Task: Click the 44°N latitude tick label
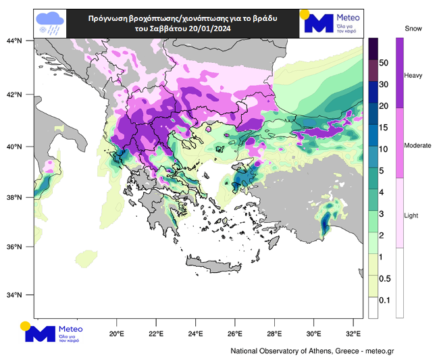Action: tap(15, 41)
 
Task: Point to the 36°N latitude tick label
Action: tap(15, 247)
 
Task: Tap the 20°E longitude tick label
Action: tap(116, 334)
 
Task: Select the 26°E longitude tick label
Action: tap(234, 334)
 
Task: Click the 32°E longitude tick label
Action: tap(353, 334)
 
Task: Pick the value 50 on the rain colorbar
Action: tap(384, 63)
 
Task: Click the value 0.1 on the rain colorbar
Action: tap(384, 300)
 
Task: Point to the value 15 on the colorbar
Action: tap(384, 128)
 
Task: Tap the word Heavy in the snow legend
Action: tap(413, 76)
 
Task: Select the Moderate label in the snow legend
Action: tap(417, 146)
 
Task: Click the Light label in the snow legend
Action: tap(411, 215)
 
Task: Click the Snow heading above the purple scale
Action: tap(413, 28)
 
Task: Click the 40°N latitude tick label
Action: tap(15, 147)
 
